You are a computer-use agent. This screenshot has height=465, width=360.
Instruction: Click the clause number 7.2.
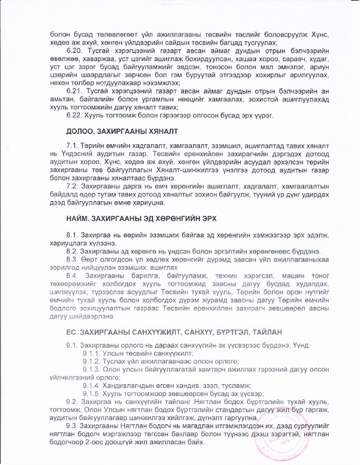(73, 186)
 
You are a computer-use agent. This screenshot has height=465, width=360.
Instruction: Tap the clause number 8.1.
(73, 234)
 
